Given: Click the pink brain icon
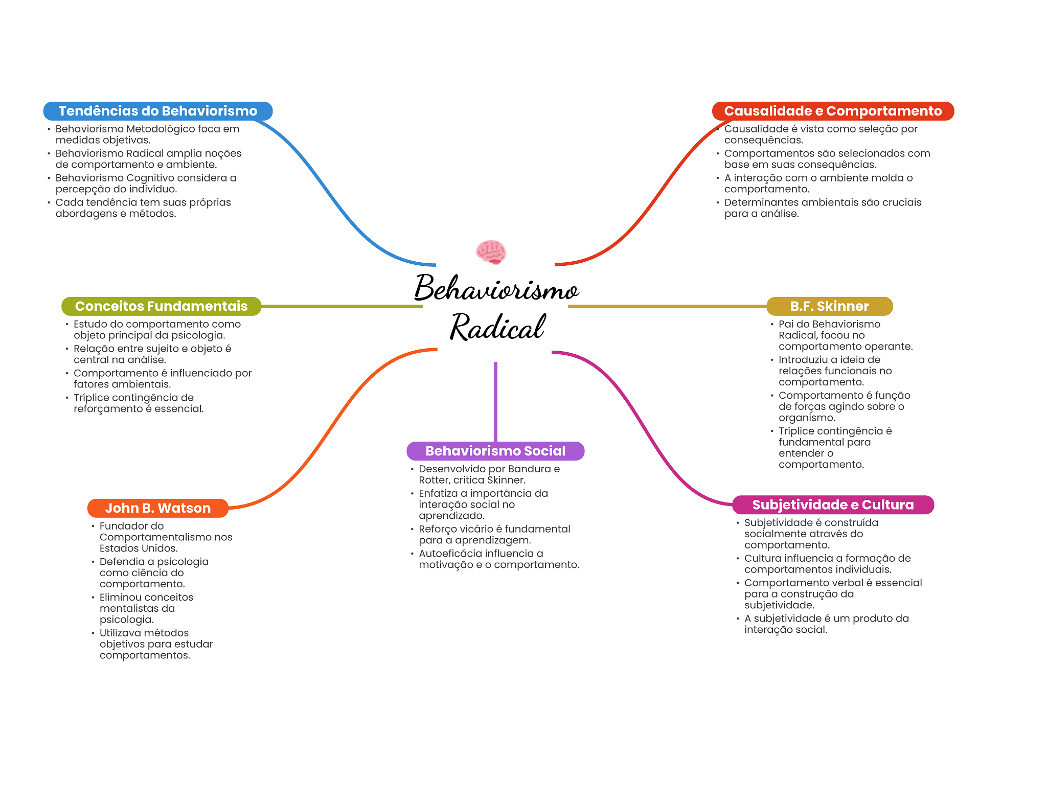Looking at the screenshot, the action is point(491,252).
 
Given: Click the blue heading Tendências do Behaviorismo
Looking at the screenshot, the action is point(158,111).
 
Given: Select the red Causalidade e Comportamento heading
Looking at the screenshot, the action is point(833,111).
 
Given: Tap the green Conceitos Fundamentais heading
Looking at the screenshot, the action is point(161,306).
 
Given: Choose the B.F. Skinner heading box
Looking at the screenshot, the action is point(829,306).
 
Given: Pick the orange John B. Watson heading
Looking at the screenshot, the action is point(158,508).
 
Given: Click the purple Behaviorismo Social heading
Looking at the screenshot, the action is point(495,451).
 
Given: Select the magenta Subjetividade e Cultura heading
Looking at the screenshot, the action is point(833,505).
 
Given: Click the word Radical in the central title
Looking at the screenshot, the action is point(497,327).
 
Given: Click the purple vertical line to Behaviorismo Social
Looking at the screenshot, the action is point(495,401).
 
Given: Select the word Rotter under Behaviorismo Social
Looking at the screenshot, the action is point(434,480).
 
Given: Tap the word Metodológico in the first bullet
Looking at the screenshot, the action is point(161,129).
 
